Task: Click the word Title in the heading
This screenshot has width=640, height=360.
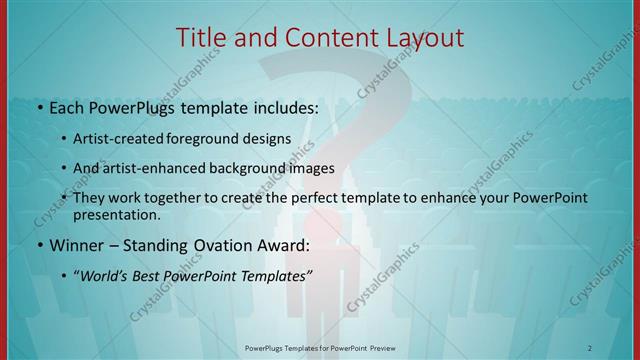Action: [x=202, y=38]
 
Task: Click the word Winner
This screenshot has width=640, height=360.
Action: [x=77, y=245]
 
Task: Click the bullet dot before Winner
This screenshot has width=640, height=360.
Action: [x=39, y=245]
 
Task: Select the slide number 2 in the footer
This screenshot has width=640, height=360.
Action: [x=590, y=347]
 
